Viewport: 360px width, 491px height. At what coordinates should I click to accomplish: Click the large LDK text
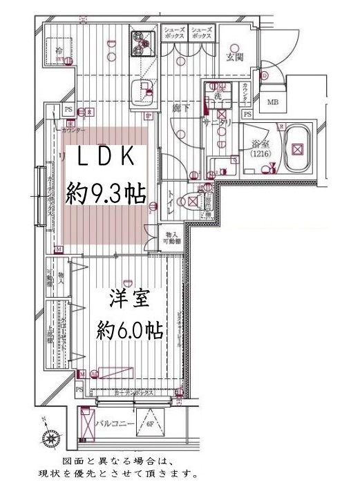[x=104, y=157]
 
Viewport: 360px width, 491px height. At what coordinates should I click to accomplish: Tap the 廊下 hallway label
[x=180, y=108]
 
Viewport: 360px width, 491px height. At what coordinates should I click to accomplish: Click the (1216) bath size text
[x=260, y=156]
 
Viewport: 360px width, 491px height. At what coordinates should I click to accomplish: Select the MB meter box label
[x=274, y=104]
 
